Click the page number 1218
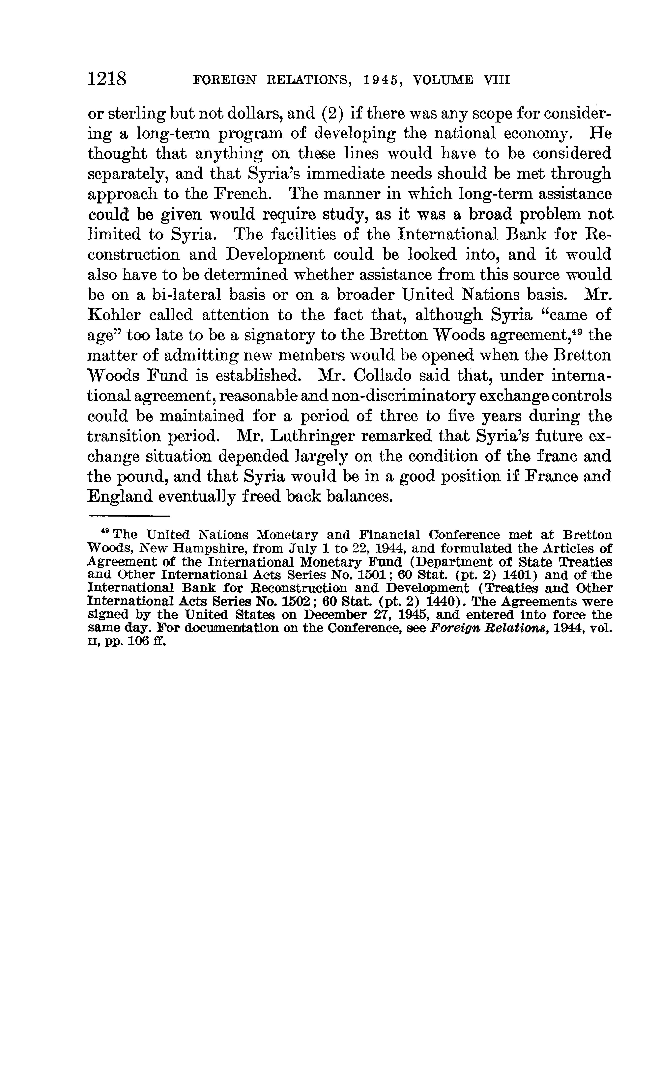[107, 80]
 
